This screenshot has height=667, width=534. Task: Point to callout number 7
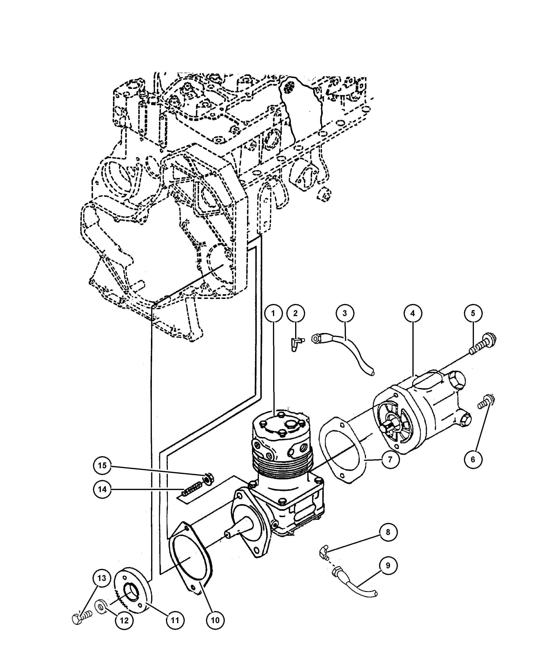390,468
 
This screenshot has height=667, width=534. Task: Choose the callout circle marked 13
102,578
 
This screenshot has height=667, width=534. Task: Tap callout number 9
388,566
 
